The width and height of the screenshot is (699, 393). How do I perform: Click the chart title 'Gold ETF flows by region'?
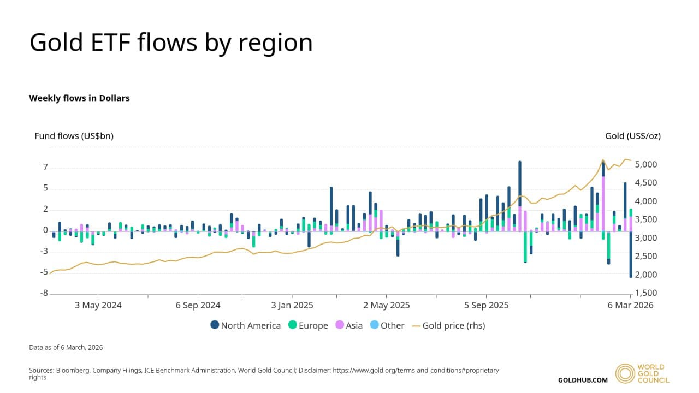(171, 43)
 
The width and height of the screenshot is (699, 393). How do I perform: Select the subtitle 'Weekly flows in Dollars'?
(79, 98)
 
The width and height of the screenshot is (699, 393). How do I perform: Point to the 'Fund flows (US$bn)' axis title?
(74, 136)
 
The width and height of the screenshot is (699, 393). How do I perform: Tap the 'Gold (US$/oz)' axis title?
(633, 136)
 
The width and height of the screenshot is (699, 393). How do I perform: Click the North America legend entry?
(246, 325)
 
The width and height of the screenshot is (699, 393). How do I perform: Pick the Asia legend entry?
(348, 325)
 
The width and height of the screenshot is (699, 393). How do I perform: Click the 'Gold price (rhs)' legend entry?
(448, 325)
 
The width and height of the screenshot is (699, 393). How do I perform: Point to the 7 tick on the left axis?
(45, 167)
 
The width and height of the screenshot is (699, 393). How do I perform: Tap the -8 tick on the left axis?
(44, 294)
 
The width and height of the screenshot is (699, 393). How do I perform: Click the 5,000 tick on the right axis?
(647, 165)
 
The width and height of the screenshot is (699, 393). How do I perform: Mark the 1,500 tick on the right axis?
(647, 293)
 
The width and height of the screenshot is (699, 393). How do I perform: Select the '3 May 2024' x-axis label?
(98, 305)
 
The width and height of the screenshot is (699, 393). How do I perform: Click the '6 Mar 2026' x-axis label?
(631, 305)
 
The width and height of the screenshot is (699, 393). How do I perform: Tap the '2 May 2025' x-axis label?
(387, 305)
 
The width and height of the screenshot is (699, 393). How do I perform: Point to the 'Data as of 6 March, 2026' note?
(66, 347)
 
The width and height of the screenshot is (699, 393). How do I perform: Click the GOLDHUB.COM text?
(583, 380)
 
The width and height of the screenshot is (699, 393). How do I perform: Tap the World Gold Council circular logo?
(625, 373)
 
